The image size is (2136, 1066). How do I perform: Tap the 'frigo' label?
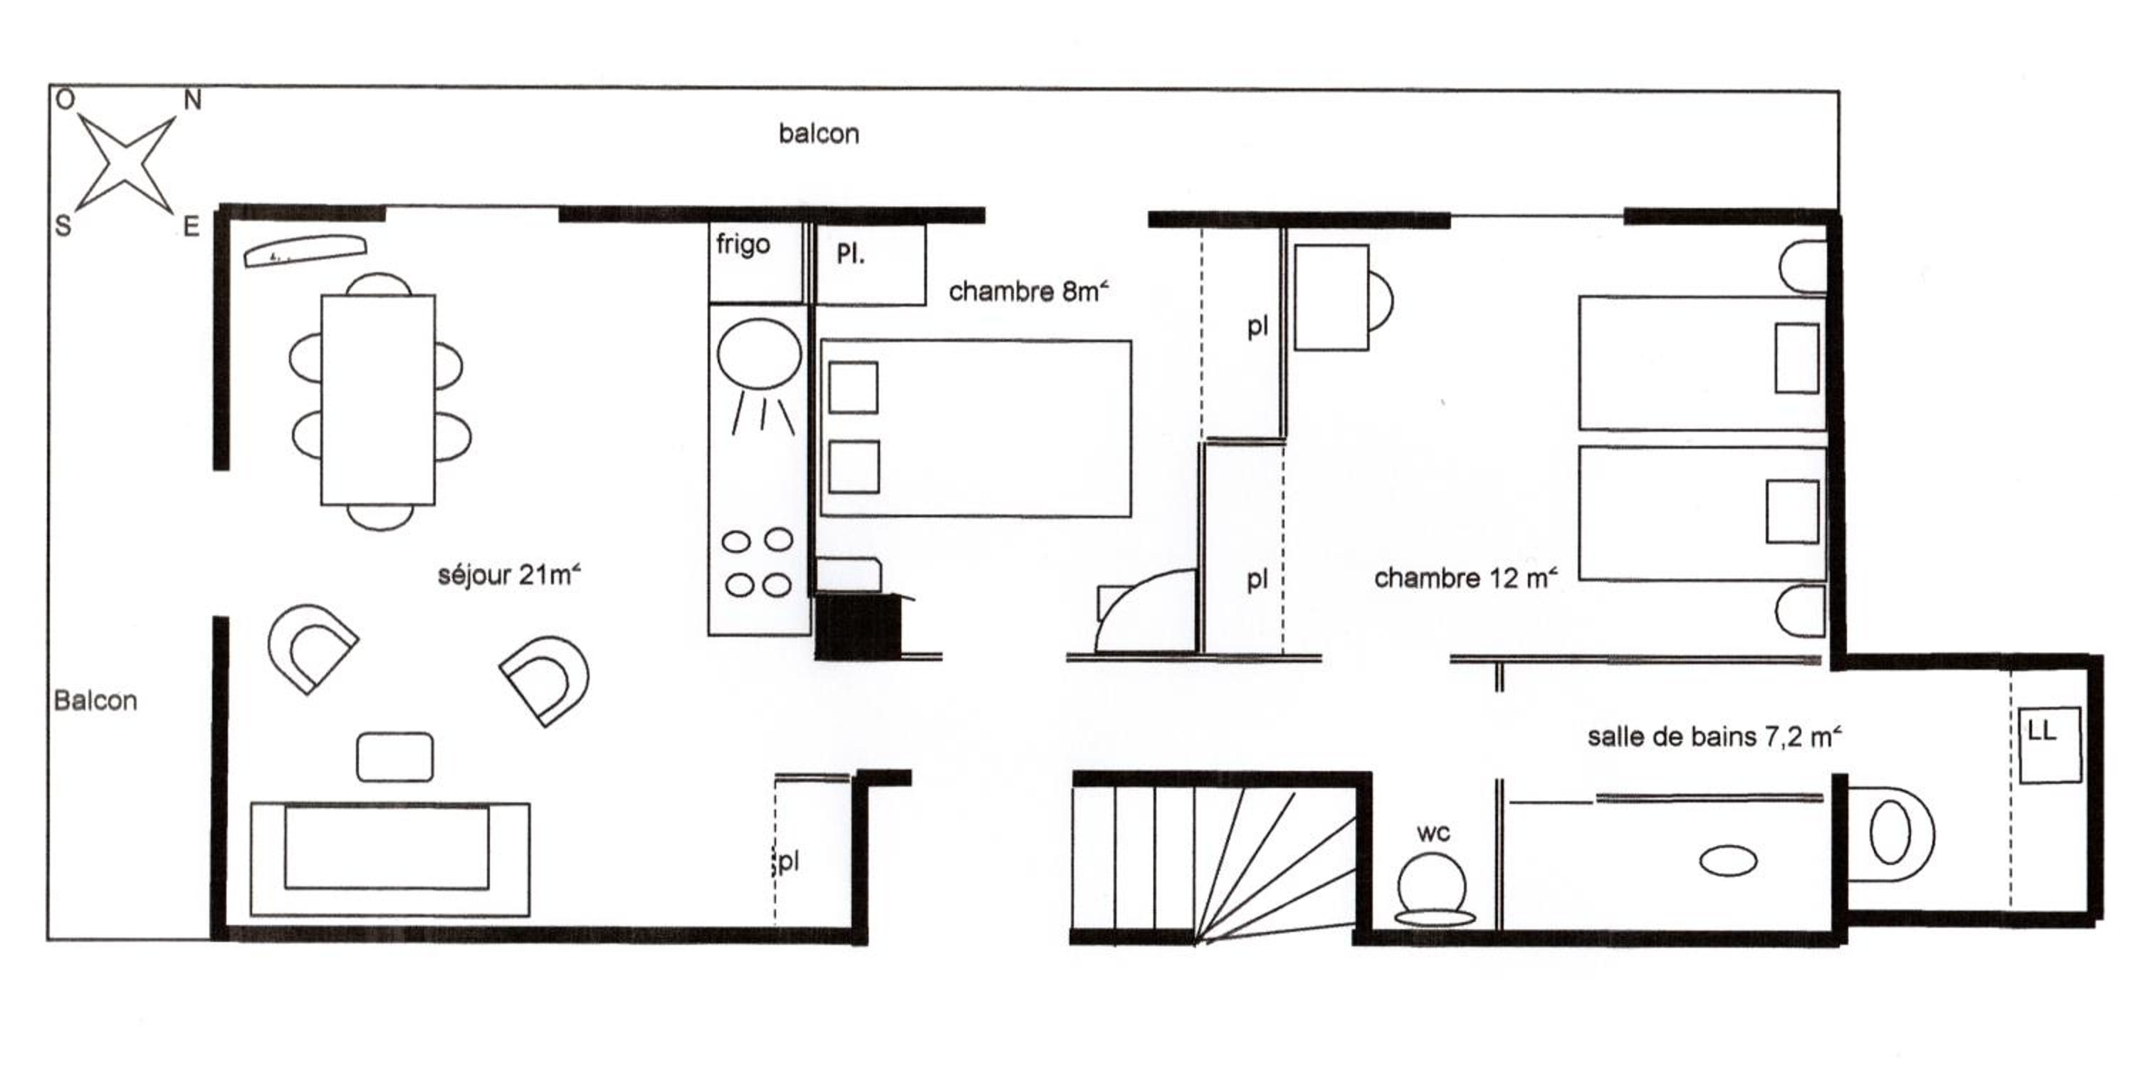point(743,244)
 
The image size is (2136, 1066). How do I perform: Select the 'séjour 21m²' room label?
point(509,574)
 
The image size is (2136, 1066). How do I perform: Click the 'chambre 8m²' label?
point(1028,291)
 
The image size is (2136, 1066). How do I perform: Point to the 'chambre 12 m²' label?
point(1466,577)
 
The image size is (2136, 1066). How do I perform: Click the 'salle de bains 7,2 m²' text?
point(1714,736)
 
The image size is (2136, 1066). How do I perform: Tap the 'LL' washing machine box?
point(2049,744)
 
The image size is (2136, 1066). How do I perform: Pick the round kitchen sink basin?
point(759,354)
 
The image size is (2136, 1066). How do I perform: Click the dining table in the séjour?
point(378,400)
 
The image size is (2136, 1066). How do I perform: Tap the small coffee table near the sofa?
point(394,757)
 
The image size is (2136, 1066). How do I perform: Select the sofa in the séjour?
point(389,859)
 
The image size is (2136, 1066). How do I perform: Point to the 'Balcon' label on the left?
point(95,701)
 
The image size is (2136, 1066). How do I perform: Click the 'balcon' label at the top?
point(818,133)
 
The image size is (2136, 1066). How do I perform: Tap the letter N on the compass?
point(192,100)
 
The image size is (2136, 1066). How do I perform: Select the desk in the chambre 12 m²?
point(1331,297)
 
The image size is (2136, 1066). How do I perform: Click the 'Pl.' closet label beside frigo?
point(851,254)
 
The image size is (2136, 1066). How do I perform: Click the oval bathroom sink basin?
point(1728,860)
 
